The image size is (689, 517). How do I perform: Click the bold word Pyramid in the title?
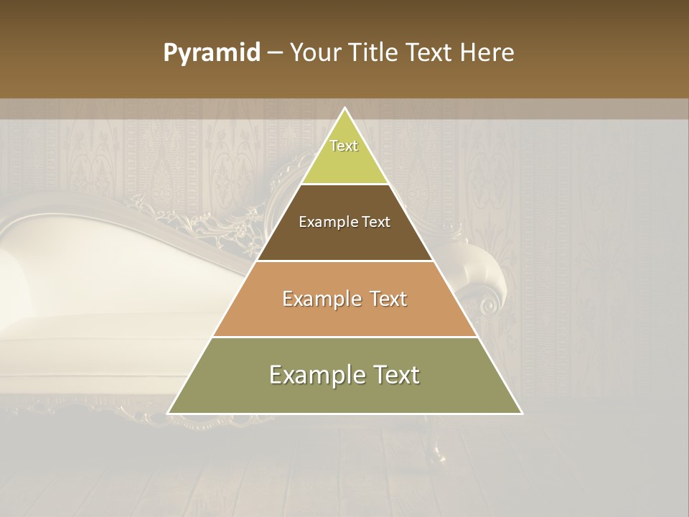[x=211, y=53]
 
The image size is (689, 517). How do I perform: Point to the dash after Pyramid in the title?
[x=274, y=53]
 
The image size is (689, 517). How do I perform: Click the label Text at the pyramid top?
[x=344, y=146]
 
